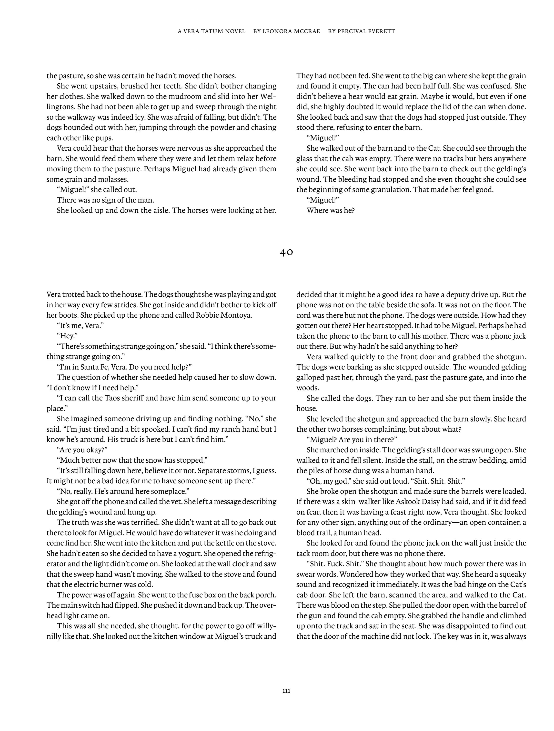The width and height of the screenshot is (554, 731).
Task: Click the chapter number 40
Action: (286, 253)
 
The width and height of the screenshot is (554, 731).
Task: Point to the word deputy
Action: (461, 295)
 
